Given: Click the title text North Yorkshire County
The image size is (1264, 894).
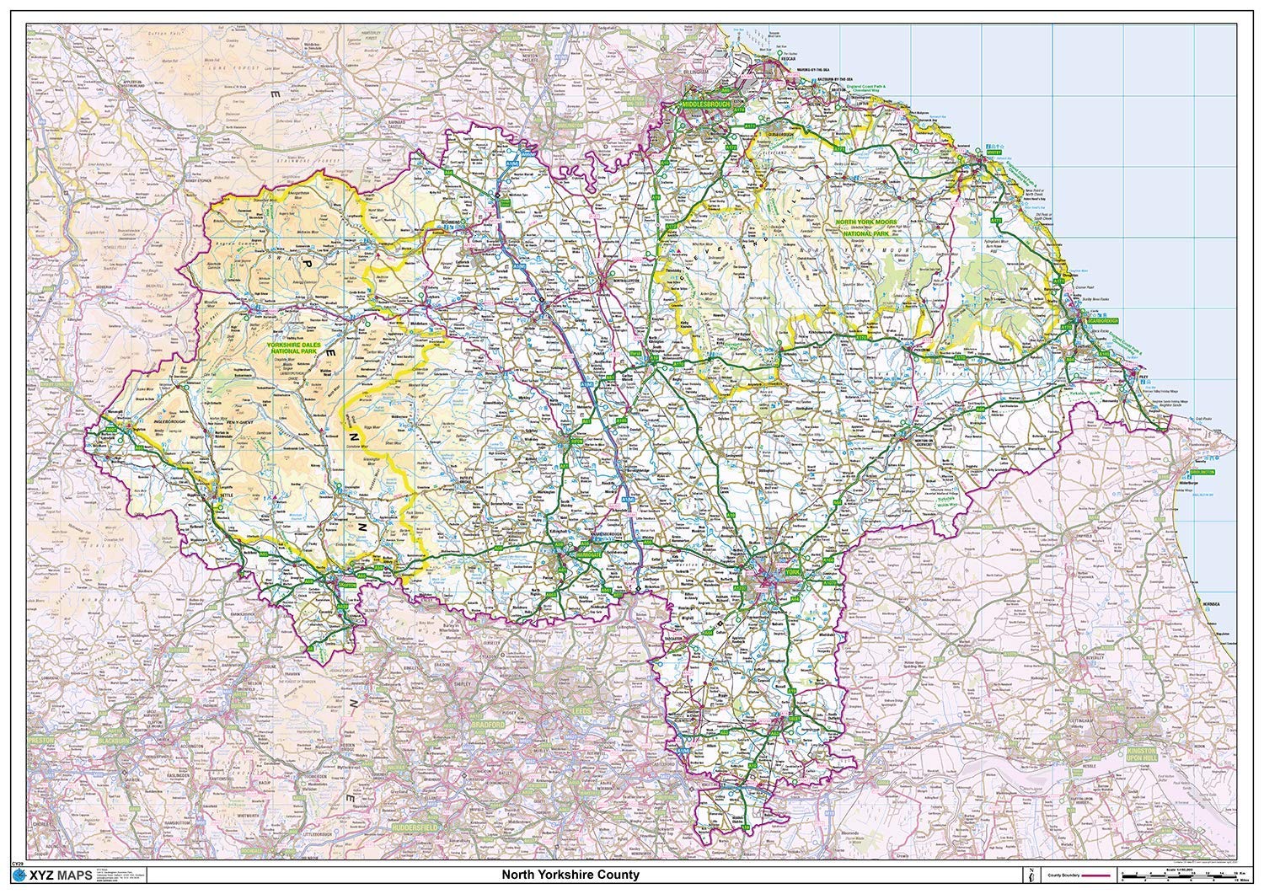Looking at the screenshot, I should point(570,875).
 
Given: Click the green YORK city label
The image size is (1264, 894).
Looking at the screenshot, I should point(790,572).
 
